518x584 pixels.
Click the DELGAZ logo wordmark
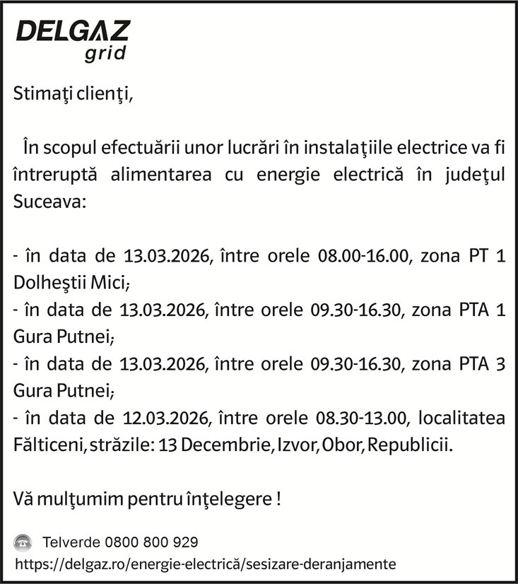(x=73, y=31)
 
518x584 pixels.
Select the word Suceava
(x=49, y=201)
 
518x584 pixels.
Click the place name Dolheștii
(x=49, y=282)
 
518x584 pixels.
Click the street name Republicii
(x=410, y=446)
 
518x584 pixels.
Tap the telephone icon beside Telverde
(x=23, y=543)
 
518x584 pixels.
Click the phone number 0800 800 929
(x=151, y=543)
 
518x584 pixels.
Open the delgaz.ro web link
(x=205, y=564)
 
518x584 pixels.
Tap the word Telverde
(x=71, y=543)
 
